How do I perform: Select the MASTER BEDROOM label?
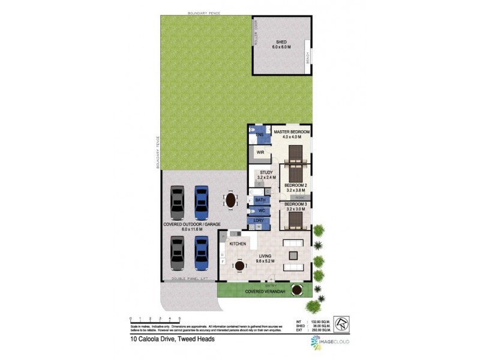(x=291, y=131)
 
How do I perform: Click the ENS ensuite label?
(x=260, y=135)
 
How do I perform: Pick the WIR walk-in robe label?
(x=260, y=153)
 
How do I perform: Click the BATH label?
(x=260, y=199)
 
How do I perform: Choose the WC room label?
(x=261, y=211)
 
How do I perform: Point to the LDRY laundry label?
(x=260, y=221)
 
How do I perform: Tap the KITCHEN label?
(x=238, y=244)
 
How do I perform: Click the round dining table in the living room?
(x=239, y=266)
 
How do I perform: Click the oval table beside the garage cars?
(x=230, y=199)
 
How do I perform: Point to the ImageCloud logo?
(x=330, y=343)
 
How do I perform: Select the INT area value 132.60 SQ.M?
(x=323, y=322)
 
